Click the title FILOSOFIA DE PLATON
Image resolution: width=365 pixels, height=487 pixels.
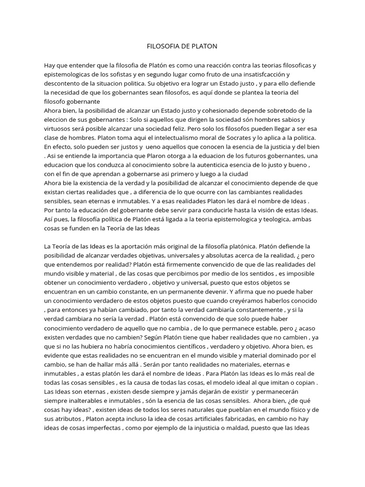[182, 47]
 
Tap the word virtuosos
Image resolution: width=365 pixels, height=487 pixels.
[60, 128]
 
